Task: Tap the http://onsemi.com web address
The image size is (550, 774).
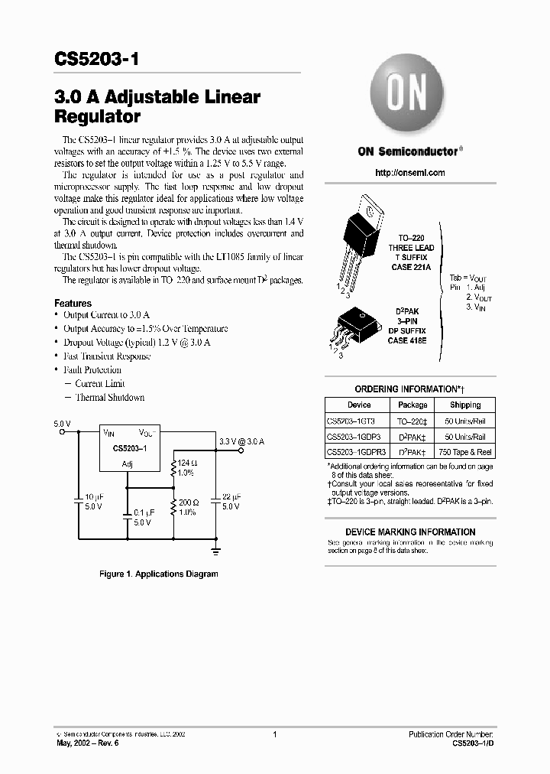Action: [x=410, y=173]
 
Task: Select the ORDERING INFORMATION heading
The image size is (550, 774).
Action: [x=409, y=389]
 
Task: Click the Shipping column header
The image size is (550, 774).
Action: [x=465, y=405]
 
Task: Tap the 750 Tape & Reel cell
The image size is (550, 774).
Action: [x=465, y=453]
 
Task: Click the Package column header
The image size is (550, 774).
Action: [x=413, y=405]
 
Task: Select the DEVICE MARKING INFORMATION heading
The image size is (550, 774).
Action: [x=410, y=532]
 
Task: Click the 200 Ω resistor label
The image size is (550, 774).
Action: [x=188, y=502]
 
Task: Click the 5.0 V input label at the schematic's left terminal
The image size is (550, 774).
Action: [x=63, y=423]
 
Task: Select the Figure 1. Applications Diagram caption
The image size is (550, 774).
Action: [x=159, y=574]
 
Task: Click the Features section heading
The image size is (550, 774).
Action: [x=73, y=304]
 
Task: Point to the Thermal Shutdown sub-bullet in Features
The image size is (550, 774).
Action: [x=109, y=398]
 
